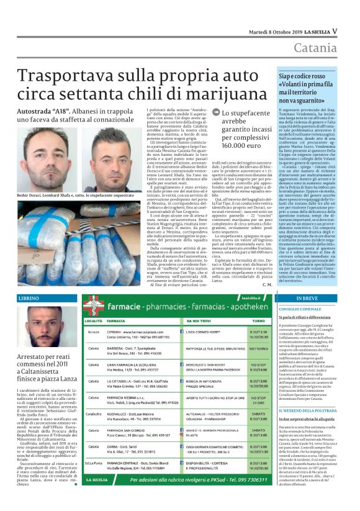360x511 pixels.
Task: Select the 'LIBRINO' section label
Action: pos(29,299)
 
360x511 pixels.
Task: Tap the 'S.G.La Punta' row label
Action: pos(94,480)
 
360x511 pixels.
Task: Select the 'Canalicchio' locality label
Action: pos(94,413)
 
